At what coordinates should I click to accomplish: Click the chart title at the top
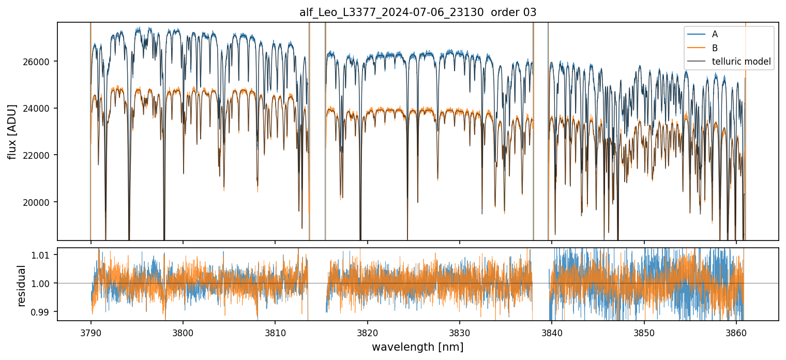418,13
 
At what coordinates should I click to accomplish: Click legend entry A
715,34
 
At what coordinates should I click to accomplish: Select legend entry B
715,48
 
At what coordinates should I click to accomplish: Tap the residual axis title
22,286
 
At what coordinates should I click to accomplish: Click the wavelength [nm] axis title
417,347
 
